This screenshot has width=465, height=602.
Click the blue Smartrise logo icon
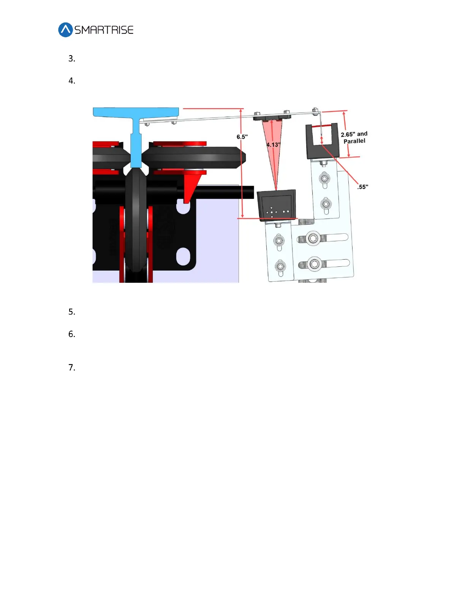65,30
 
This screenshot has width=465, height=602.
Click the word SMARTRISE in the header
104,30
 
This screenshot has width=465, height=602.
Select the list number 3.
72,59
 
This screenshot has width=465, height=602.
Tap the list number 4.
72,81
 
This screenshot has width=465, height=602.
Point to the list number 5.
72,312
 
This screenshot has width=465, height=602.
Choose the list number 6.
72,334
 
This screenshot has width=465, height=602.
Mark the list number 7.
72,368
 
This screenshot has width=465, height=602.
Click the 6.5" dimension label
242,137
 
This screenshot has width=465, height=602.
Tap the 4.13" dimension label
273,145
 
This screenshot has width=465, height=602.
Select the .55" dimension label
362,187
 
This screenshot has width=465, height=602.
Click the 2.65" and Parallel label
354,138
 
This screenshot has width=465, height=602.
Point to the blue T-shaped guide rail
136,129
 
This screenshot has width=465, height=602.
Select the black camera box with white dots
277,205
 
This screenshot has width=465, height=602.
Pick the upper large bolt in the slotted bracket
313,238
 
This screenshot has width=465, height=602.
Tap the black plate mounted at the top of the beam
272,117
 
